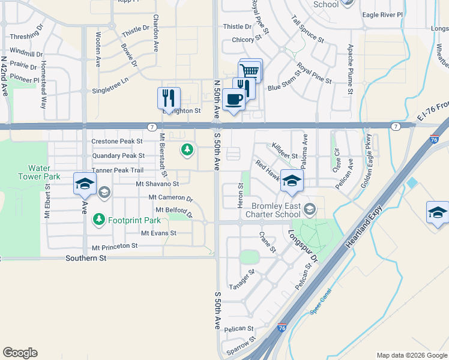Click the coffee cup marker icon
(233, 100)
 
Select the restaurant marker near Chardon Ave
(168, 98)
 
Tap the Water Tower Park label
(44, 173)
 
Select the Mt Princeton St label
(115, 247)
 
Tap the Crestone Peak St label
(118, 142)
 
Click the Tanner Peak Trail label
(118, 170)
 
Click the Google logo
(20, 353)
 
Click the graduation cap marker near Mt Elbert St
(85, 183)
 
